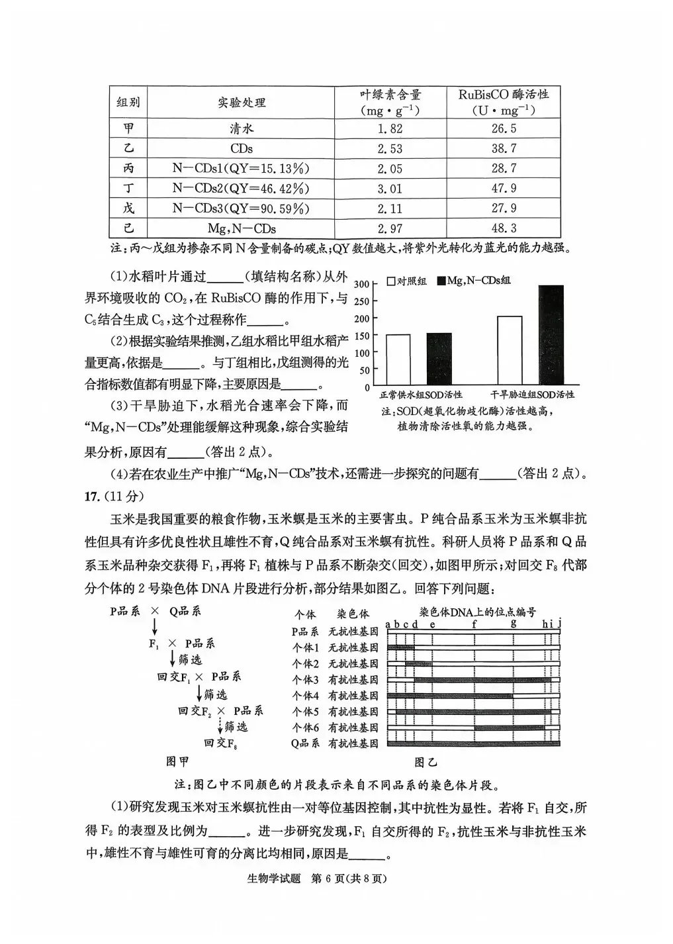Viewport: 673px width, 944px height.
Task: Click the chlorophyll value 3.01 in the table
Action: [389, 189]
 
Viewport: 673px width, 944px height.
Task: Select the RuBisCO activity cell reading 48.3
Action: [504, 228]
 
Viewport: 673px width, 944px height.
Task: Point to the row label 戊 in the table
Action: [128, 209]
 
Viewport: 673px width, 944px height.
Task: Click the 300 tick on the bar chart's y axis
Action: [361, 284]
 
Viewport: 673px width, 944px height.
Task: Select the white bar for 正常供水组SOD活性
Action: [398, 359]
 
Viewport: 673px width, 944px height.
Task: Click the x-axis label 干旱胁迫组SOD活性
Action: [533, 395]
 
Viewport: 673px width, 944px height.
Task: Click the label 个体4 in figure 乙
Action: [306, 696]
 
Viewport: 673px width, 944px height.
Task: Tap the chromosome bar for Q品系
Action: [473, 743]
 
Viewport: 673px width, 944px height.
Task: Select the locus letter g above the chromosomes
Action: [514, 622]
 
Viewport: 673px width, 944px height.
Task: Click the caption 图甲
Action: [178, 761]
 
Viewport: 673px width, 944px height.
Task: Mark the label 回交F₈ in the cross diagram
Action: [220, 743]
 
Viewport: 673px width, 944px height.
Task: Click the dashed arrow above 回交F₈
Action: [220, 727]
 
